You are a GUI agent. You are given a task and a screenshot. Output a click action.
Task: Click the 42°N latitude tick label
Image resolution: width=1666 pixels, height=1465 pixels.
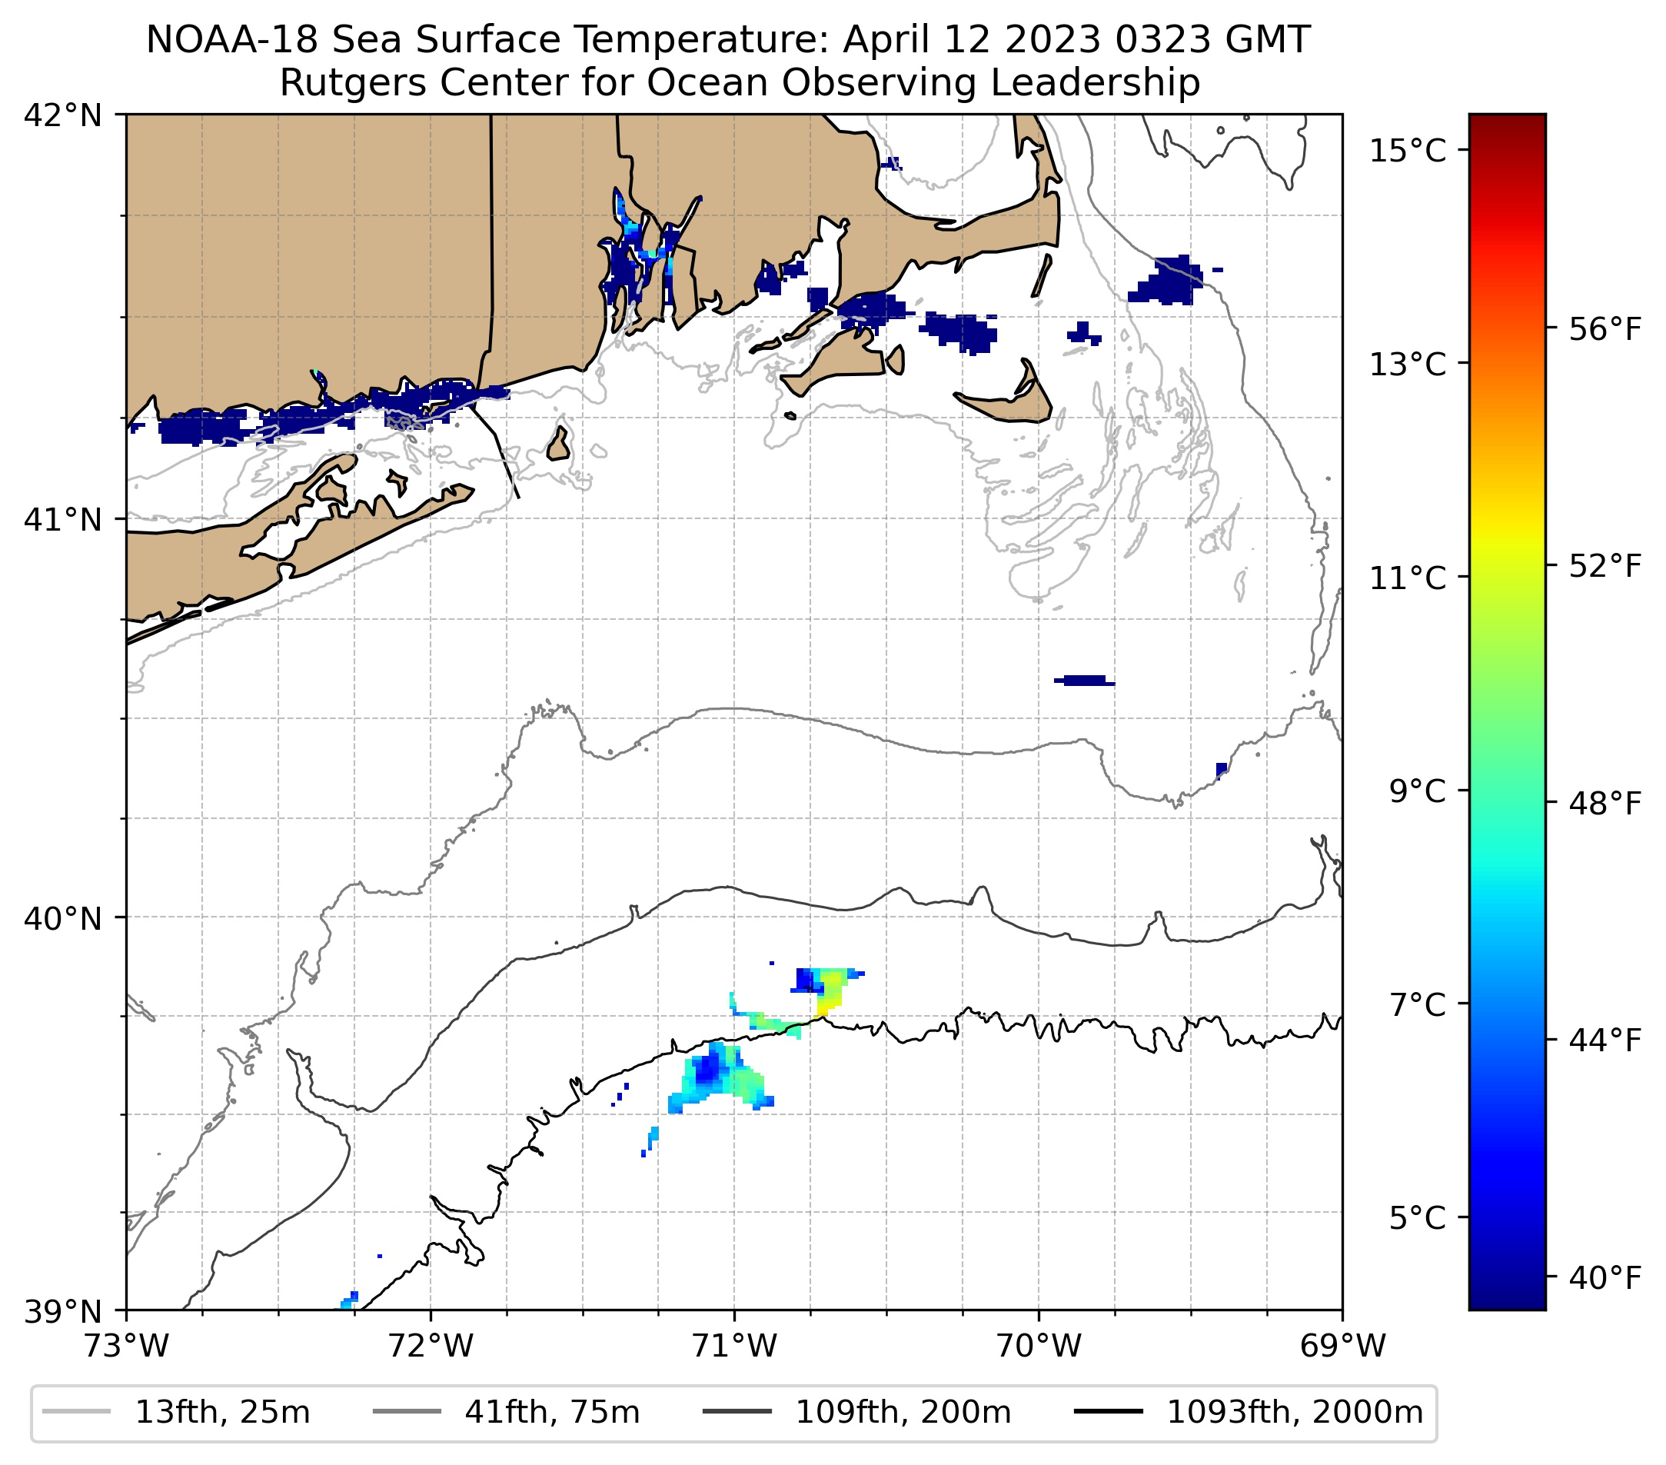click(63, 116)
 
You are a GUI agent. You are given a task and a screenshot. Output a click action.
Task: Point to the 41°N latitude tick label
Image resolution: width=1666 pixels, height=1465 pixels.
click(63, 519)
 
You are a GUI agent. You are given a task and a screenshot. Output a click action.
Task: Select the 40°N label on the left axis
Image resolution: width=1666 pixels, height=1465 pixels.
click(63, 918)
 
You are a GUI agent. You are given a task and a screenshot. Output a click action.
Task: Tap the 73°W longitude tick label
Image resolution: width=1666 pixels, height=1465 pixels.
click(126, 1346)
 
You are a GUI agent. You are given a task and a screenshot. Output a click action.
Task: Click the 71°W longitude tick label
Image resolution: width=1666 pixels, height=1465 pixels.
click(734, 1346)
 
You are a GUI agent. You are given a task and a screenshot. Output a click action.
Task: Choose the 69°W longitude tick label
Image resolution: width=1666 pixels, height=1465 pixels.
click(1342, 1346)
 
